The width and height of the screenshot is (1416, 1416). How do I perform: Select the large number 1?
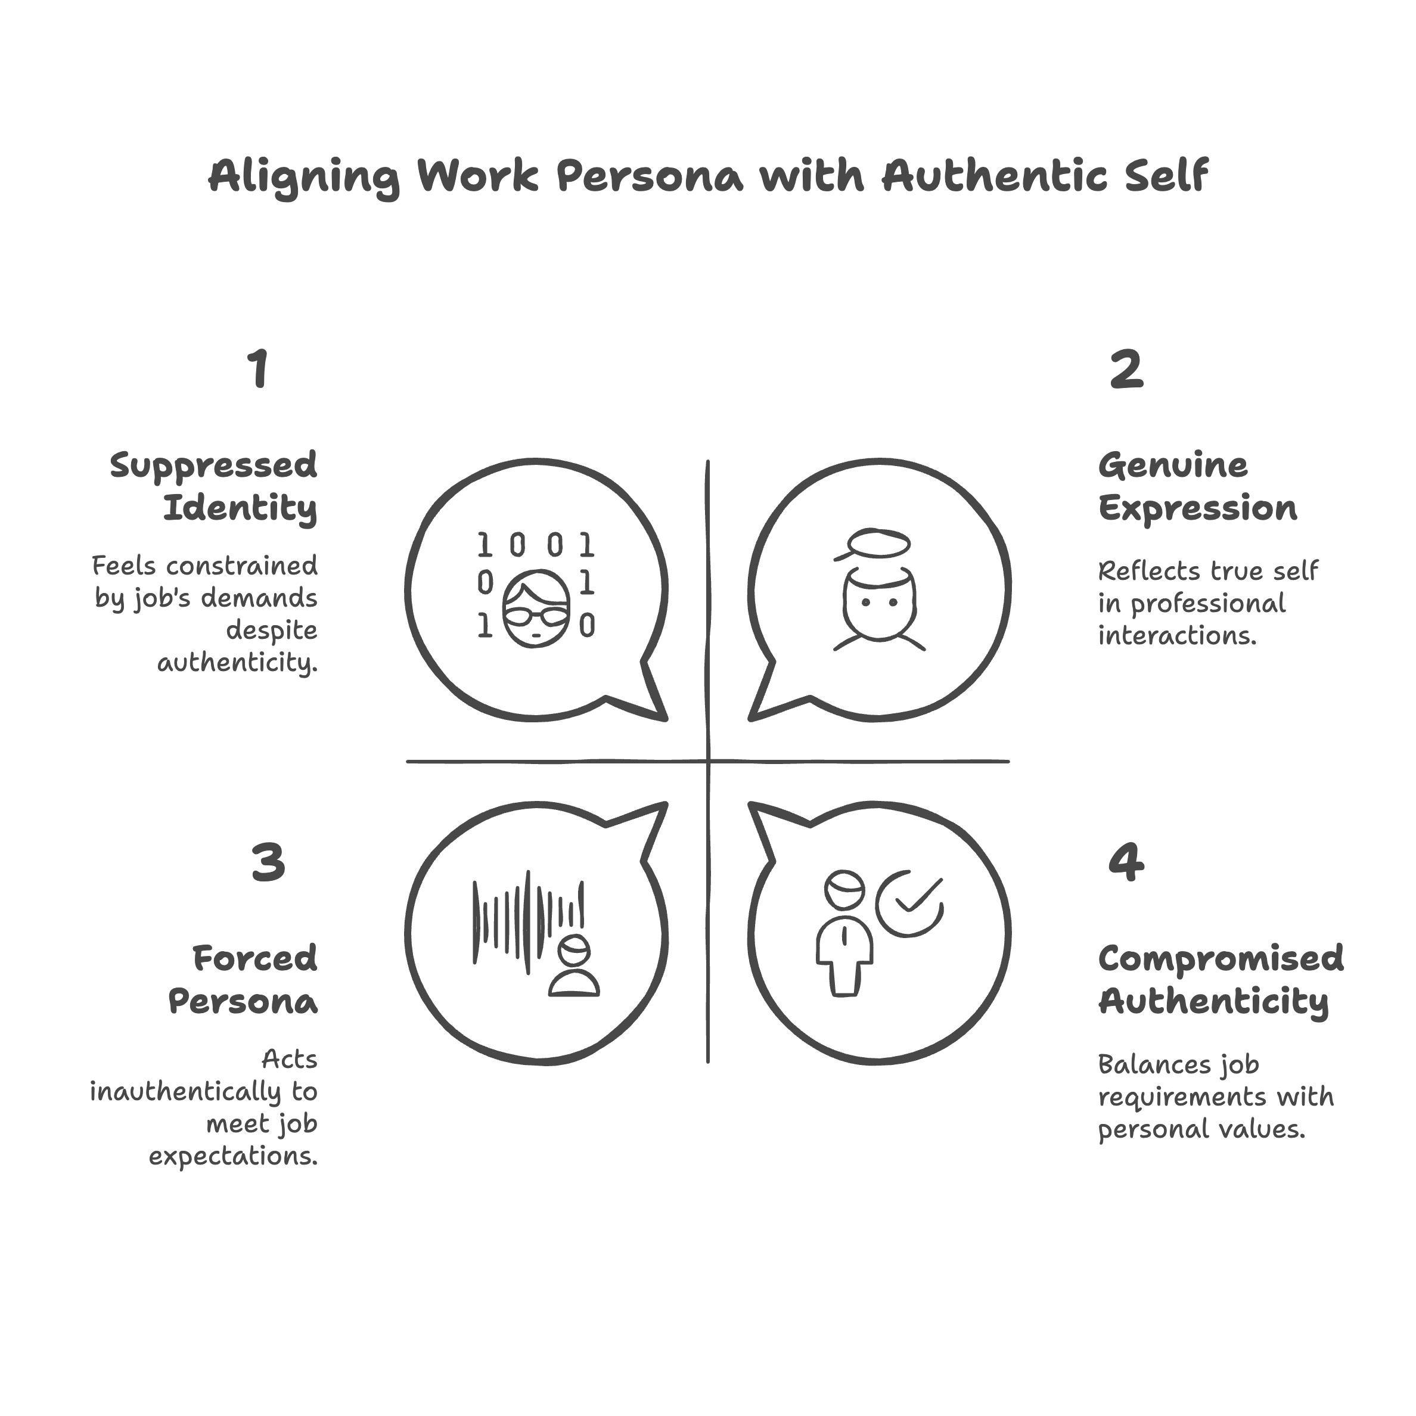coord(258,369)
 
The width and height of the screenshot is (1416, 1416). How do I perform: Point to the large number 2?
coord(1126,370)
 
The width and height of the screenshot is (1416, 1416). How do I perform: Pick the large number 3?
coord(268,862)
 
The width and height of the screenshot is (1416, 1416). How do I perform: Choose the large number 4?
coord(1126,862)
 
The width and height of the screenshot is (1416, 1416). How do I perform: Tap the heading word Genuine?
coord(1173,466)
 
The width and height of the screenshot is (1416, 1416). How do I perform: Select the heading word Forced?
coord(254,959)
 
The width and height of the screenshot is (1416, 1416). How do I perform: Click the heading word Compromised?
coord(1221,959)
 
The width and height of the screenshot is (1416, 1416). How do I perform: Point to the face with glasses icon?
coord(536,608)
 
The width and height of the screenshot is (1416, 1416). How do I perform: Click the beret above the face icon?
coord(877,545)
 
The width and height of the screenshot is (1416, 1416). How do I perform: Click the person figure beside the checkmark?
coord(844,934)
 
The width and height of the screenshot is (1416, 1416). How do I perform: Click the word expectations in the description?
coord(233,1157)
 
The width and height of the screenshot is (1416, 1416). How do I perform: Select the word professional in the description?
coord(1207,603)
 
